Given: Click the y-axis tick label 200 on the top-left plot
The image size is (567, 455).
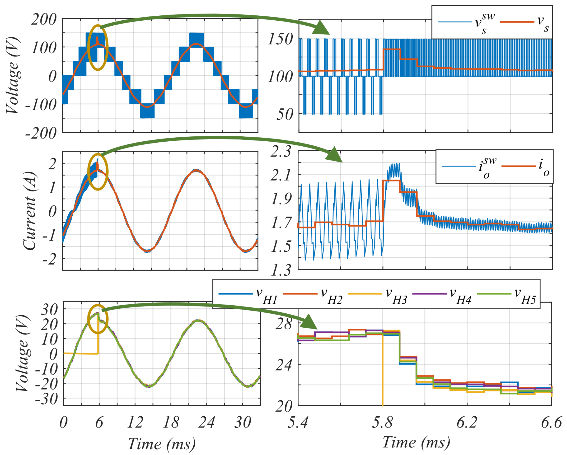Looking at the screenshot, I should (x=44, y=20).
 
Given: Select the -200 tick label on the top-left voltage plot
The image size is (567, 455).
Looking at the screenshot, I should (x=41, y=133).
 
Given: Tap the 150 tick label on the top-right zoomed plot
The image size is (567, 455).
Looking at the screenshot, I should (x=280, y=40).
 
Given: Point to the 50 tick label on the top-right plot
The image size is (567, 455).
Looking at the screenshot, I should (x=285, y=115).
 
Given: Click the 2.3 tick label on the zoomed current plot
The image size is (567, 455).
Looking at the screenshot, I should (x=281, y=152).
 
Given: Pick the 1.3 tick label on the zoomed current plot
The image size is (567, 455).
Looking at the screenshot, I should (x=281, y=270).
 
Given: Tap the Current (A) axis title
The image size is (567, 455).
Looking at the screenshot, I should (x=29, y=211).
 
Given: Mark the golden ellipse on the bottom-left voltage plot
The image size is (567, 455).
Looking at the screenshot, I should (x=98, y=319).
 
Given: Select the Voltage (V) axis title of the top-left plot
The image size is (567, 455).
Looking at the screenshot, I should (x=13, y=75).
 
